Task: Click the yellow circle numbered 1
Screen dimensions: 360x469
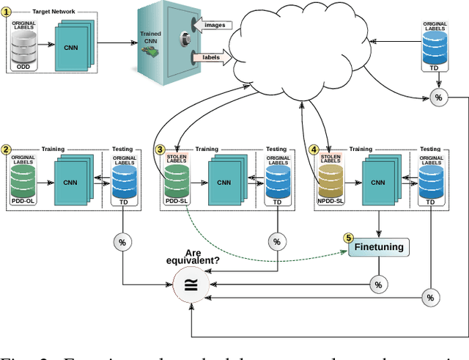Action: [7, 12]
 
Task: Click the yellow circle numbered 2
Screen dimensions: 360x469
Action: [7, 150]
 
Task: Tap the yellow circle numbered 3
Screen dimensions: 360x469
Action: [160, 150]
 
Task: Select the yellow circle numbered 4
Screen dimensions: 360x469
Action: [314, 150]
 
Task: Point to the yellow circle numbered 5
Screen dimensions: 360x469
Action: [349, 238]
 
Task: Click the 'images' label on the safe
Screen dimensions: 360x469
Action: [214, 25]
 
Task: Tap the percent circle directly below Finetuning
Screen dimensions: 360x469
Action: [378, 284]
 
